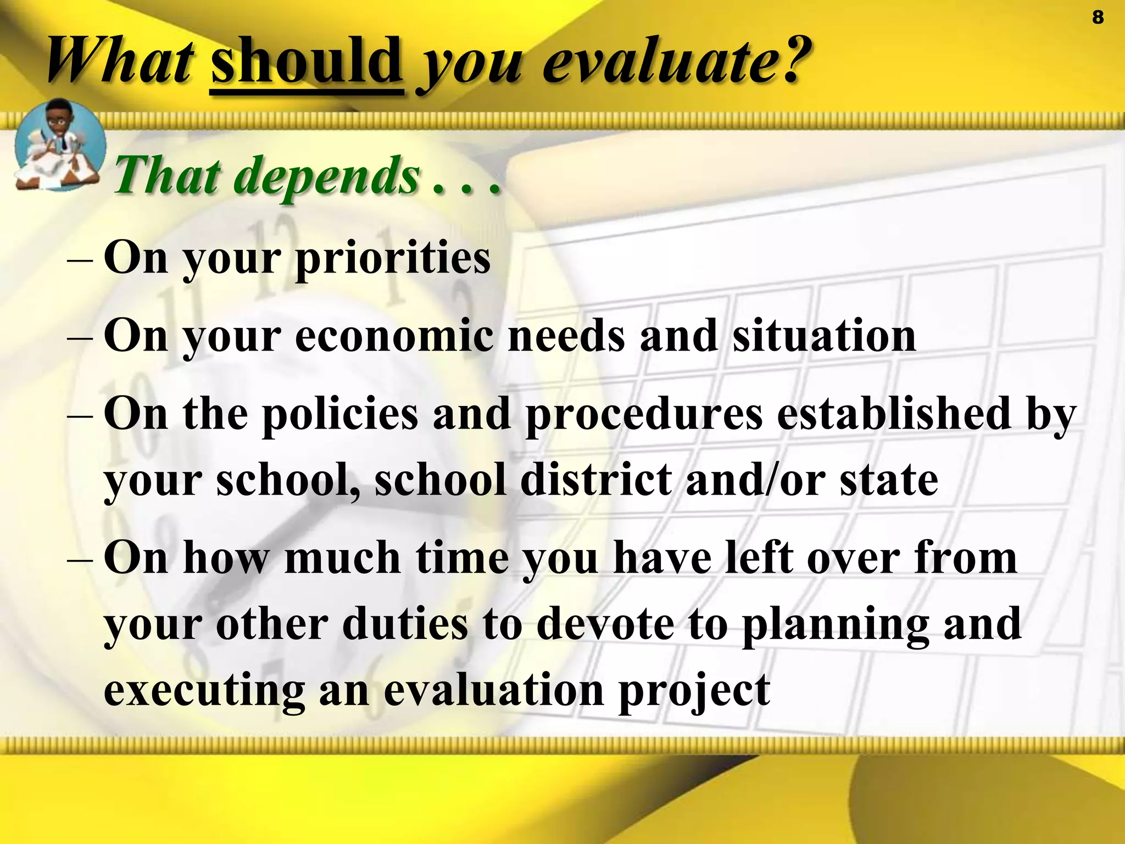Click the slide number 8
point(1098,18)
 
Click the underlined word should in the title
point(307,62)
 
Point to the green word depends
point(330,176)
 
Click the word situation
point(824,336)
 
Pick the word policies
point(340,414)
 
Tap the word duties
point(405,624)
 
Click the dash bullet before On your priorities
point(79,259)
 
